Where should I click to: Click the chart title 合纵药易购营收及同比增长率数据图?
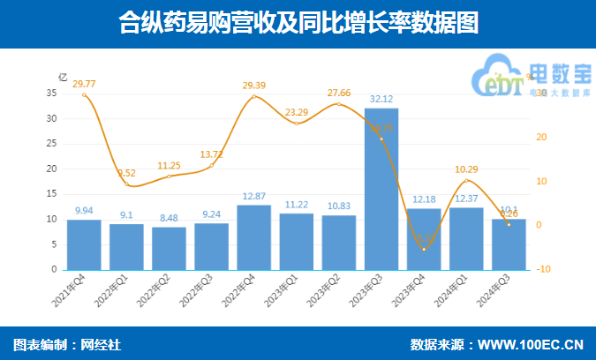click(x=298, y=24)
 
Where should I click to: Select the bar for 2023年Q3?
click(x=381, y=189)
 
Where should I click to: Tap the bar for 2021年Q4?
click(x=84, y=244)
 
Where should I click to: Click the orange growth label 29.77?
click(x=85, y=84)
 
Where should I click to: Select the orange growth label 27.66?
click(x=339, y=93)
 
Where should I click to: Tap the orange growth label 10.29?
click(x=465, y=169)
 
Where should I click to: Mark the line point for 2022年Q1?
click(x=127, y=184)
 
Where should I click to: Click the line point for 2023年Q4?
click(x=424, y=250)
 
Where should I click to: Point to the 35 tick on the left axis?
click(x=51, y=93)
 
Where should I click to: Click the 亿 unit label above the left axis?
click(x=62, y=76)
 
